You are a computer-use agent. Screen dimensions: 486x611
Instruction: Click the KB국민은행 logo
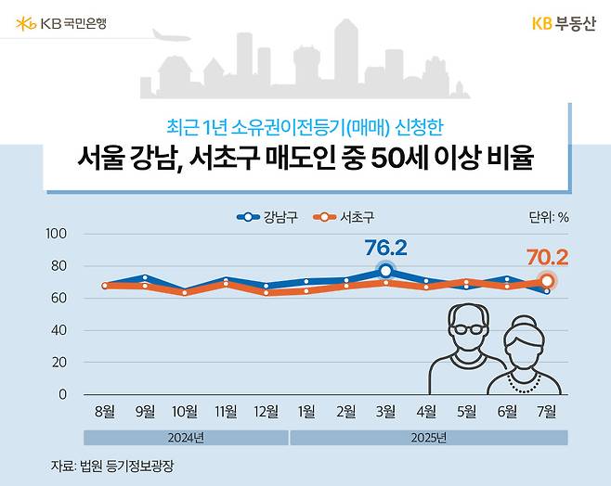click(61, 22)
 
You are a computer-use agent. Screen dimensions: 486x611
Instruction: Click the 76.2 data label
click(386, 248)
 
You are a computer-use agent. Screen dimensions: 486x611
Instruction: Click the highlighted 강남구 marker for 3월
click(385, 271)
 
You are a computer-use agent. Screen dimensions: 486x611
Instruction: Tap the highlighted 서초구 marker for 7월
click(547, 280)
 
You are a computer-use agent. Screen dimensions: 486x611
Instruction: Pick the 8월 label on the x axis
click(104, 412)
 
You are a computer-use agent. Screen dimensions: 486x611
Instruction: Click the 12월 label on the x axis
click(265, 412)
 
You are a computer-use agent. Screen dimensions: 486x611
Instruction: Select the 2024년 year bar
click(185, 437)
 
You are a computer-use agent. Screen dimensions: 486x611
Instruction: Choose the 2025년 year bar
click(427, 437)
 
